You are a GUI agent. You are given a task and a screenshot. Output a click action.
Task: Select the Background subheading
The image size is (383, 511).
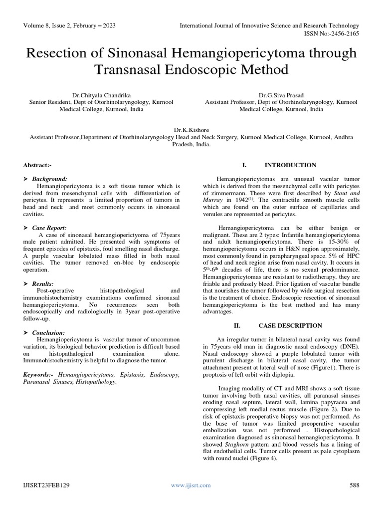point(49,179)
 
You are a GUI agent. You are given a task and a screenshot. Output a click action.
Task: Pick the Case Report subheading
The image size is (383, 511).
point(49,228)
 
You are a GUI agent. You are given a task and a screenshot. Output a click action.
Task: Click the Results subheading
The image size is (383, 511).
point(43,283)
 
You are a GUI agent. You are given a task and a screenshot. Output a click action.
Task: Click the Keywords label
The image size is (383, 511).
point(39,374)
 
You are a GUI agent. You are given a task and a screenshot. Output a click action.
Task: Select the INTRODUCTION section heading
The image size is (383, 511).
point(290,165)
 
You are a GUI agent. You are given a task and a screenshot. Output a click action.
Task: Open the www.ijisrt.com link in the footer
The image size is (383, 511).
point(191,485)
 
